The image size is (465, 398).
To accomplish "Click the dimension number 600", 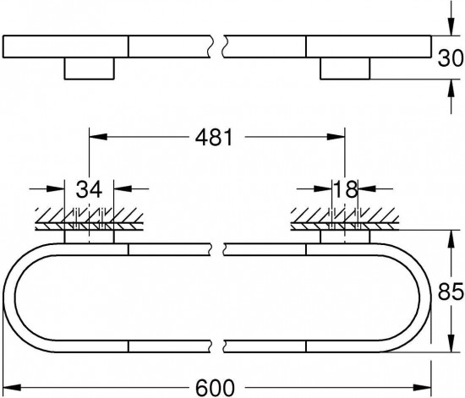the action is coord(215,387).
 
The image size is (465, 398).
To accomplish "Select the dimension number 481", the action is coord(215,137).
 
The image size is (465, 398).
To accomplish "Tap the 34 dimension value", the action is coord(89,189).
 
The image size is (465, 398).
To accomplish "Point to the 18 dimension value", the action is coord(345,189).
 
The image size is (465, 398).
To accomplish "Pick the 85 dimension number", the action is coord(451,292).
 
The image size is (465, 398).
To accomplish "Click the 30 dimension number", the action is coord(451,58).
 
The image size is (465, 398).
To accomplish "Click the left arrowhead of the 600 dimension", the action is coord(12,387).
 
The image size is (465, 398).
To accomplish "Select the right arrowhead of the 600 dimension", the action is coord(422,387).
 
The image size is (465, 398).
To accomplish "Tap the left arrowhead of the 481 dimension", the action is coord(98,137).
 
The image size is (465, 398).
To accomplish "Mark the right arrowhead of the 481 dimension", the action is coord(336,137).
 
